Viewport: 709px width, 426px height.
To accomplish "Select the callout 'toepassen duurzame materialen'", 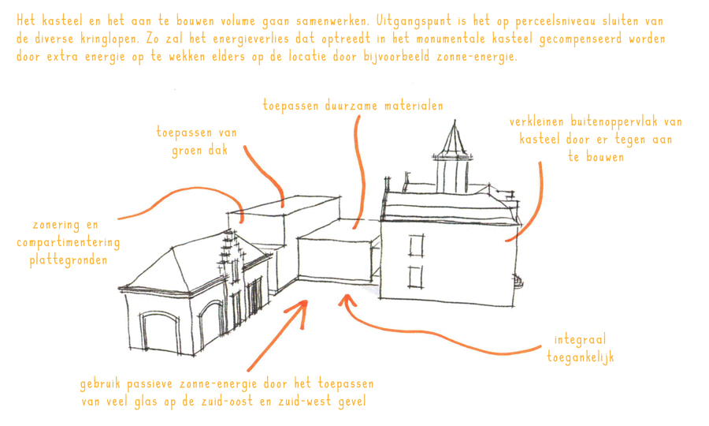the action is click(x=353, y=106).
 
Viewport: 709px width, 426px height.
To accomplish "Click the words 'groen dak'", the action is click(x=199, y=151).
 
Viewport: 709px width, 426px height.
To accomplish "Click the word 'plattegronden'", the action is click(x=69, y=260).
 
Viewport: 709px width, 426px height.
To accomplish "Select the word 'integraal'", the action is click(x=580, y=339).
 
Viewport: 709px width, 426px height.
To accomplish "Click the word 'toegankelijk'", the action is click(x=581, y=357).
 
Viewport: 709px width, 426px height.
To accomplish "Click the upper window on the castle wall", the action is click(x=417, y=245).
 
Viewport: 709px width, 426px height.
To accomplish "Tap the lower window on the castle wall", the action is click(x=416, y=277).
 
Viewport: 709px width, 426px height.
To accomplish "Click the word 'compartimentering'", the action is click(x=69, y=243).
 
